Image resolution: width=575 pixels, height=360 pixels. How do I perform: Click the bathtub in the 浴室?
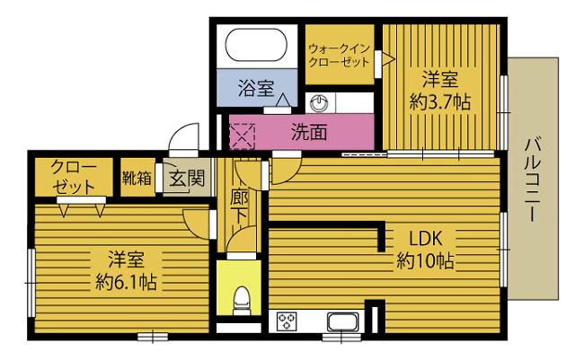tap(256, 45)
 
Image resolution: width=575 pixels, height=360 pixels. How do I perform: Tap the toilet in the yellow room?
tap(242, 301)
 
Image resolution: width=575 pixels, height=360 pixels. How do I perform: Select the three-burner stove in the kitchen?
tap(287, 321)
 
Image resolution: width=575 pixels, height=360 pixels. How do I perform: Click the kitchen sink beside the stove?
tap(343, 322)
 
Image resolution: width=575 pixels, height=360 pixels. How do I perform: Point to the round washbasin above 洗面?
tap(320, 103)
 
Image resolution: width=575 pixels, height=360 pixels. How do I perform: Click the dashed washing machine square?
tap(242, 136)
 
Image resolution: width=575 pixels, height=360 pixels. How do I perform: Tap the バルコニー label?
tap(533, 180)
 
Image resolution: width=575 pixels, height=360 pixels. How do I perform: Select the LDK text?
tap(426, 239)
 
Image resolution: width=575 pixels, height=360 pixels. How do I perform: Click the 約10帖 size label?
tap(425, 261)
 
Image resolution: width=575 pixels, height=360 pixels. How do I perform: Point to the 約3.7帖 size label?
tap(440, 101)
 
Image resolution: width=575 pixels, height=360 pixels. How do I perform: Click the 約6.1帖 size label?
tap(126, 282)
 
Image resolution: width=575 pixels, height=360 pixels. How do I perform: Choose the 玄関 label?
tap(187, 179)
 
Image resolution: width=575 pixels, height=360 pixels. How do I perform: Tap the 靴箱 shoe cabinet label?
tap(137, 178)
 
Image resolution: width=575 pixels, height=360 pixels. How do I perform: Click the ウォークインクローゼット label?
tap(339, 55)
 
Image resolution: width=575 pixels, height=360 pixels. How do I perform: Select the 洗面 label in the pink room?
tap(309, 132)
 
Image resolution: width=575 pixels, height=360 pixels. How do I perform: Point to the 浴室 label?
tap(256, 88)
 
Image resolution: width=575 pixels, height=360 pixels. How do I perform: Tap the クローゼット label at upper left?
tap(74, 177)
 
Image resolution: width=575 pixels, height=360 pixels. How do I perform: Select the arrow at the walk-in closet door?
tap(388, 58)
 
